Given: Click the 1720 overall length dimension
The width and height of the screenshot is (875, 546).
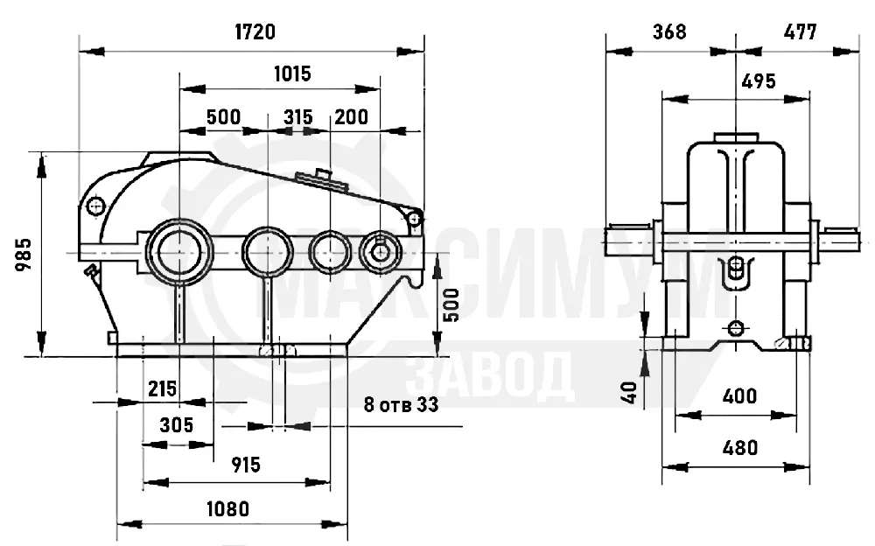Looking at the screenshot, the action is (255, 31).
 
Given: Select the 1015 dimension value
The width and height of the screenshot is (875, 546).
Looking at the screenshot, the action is (292, 73).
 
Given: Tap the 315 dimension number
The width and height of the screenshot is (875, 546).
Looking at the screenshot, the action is (298, 117).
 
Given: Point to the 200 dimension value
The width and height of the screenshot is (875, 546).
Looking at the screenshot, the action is (352, 116).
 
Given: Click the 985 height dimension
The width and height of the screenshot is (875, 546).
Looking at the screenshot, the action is (24, 255).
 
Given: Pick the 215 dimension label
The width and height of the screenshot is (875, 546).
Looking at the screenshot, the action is (163, 388).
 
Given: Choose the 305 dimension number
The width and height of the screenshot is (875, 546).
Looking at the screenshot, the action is (177, 425).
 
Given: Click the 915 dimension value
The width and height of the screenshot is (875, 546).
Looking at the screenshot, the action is (246, 465).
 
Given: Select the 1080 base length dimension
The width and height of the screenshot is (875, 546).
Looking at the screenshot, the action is (228, 509).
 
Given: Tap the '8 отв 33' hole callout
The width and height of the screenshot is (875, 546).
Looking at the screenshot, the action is (402, 404).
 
